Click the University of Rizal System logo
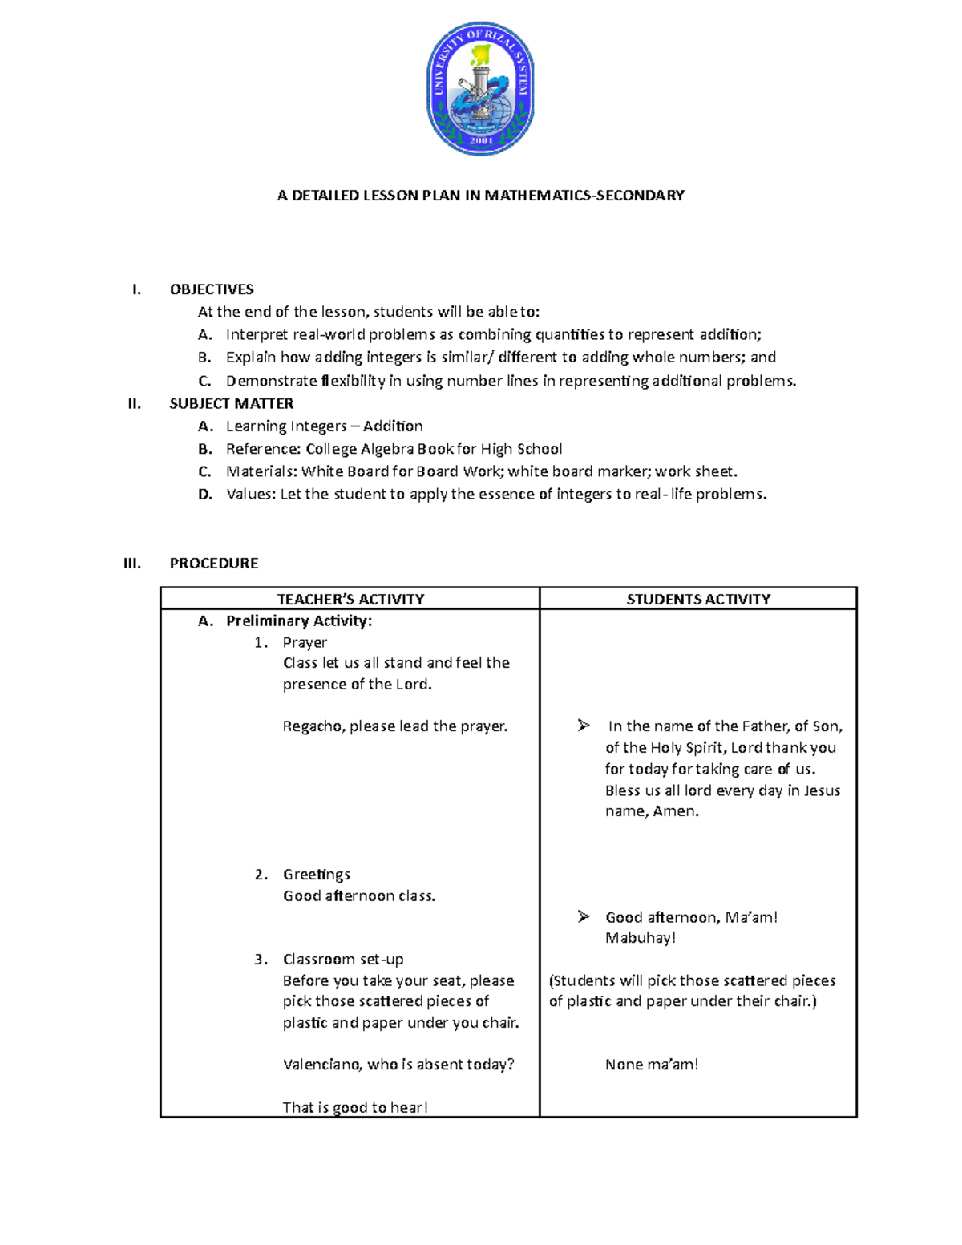tap(480, 88)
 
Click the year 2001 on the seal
tap(481, 140)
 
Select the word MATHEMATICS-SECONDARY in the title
tap(584, 195)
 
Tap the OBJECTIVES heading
tap(212, 289)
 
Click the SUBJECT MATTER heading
tap(231, 403)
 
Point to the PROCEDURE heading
tap(213, 564)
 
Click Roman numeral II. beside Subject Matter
tap(135, 403)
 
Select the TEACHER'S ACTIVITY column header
tap(350, 599)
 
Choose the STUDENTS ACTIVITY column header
tap(698, 599)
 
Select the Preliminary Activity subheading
tap(298, 620)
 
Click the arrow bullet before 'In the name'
tap(584, 726)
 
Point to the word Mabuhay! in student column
tap(641, 938)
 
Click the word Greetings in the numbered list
tap(316, 875)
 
